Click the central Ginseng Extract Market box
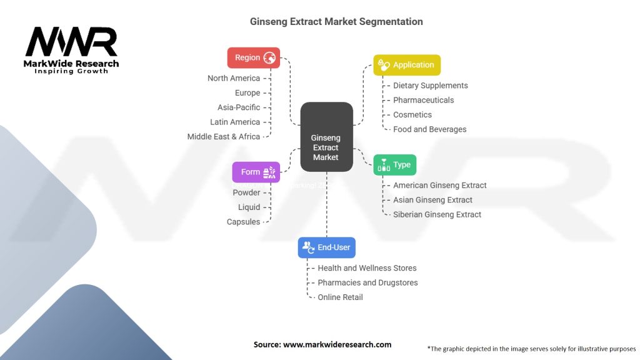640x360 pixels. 326,137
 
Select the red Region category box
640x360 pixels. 253,57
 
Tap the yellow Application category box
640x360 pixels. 407,65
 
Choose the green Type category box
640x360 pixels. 394,165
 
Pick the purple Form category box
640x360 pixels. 256,172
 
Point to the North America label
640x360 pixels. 234,78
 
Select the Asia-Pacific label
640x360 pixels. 239,107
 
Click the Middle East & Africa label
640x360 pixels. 223,136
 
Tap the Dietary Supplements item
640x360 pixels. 430,86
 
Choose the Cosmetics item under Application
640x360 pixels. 412,115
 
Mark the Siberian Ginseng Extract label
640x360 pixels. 437,214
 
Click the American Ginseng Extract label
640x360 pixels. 439,186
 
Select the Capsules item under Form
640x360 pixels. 243,222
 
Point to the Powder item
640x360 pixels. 246,192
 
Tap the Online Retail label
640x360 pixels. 340,297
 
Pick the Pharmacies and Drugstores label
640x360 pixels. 367,282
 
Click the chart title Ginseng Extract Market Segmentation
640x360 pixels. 336,22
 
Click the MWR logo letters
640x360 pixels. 71,42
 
